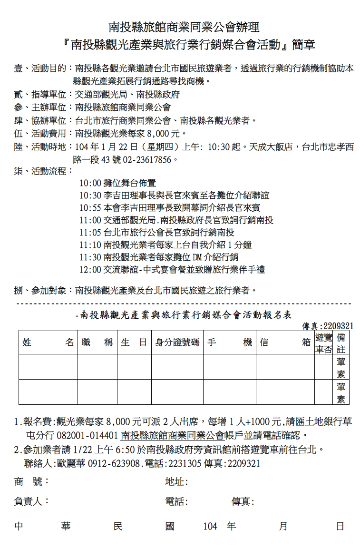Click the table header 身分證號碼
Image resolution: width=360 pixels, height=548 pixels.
tap(177, 343)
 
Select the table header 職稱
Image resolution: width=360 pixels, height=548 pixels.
tap(97, 343)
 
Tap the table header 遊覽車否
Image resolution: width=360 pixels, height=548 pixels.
tap(323, 343)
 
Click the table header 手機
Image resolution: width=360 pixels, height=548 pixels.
tap(229, 343)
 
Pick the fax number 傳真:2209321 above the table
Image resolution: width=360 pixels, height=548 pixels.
tap(328, 326)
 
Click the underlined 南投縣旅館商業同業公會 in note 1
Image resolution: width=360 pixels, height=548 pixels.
tap(172, 435)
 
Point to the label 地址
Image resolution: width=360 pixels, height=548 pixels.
tap(176, 482)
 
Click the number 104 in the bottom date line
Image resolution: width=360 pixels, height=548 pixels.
tap(210, 527)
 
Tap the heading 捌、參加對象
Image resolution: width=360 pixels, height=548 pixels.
tap(42, 290)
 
